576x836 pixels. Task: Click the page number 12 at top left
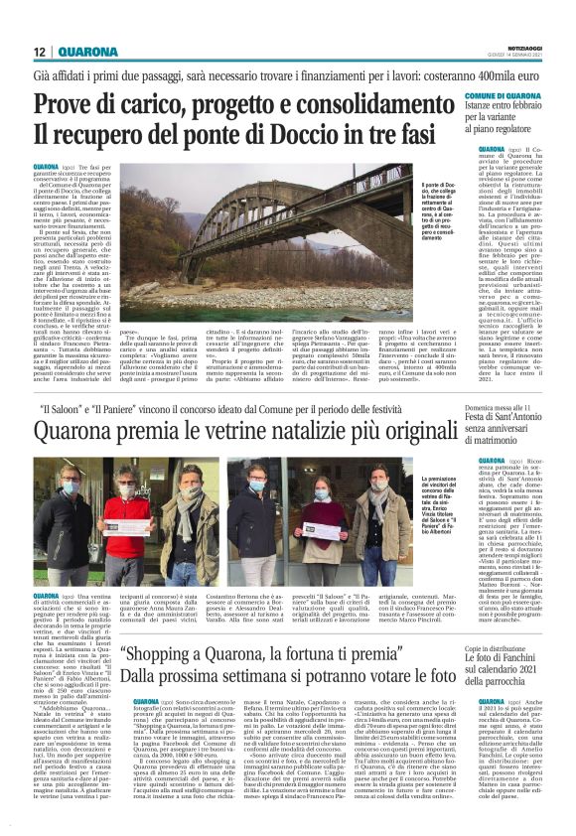(x=40, y=52)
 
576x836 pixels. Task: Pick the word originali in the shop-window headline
(x=432, y=432)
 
